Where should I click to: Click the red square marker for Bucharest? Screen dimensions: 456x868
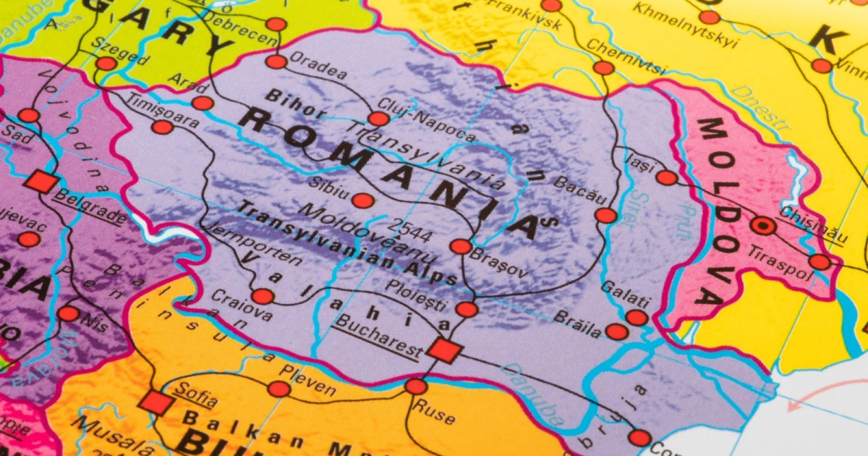(x=444, y=350)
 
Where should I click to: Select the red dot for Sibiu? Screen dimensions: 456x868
(x=363, y=201)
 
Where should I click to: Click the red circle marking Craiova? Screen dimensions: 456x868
(x=263, y=296)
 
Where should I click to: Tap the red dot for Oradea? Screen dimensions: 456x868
(x=276, y=62)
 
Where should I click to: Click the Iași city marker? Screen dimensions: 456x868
(x=666, y=177)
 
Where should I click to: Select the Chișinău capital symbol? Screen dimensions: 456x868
(x=762, y=226)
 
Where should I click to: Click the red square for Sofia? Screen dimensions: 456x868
(x=156, y=402)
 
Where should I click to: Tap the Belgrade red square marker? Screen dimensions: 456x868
(x=41, y=182)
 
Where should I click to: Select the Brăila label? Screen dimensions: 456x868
(x=577, y=324)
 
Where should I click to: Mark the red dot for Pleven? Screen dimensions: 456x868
(x=279, y=389)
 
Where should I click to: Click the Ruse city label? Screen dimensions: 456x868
(x=434, y=412)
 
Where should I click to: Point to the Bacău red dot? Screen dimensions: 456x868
(x=606, y=215)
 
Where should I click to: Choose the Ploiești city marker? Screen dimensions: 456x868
(x=467, y=310)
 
